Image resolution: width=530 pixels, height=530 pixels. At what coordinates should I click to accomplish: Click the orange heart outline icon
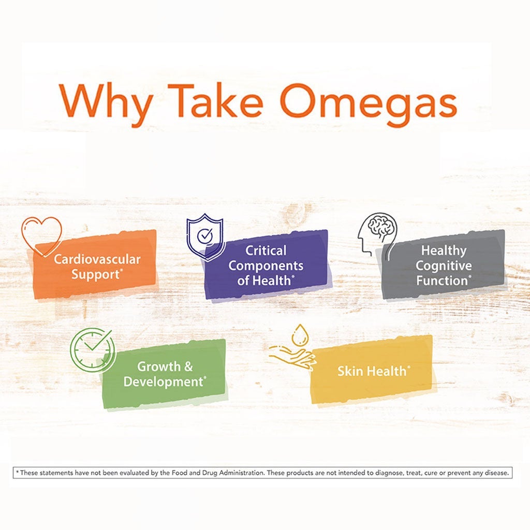(42, 234)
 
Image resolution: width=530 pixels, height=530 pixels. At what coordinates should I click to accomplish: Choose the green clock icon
(92, 350)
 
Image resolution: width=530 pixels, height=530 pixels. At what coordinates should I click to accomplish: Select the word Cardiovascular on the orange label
(97, 259)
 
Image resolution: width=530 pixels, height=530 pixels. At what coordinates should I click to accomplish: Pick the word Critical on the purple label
(266, 251)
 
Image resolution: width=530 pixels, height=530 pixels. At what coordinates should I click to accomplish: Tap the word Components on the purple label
(266, 266)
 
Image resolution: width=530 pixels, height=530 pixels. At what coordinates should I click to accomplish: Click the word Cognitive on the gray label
(444, 266)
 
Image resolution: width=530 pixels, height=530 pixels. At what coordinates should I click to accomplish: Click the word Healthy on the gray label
(444, 251)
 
